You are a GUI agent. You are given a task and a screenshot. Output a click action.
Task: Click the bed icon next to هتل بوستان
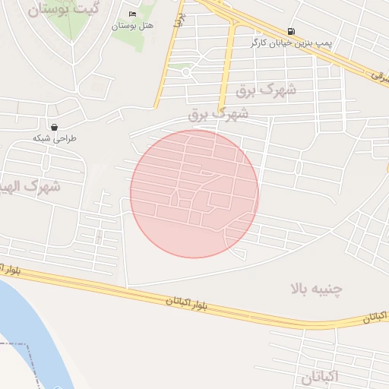(x=133, y=14)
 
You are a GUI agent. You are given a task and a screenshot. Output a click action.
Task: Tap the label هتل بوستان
(x=133, y=26)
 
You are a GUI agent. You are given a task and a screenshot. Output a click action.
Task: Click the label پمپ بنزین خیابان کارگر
(x=288, y=43)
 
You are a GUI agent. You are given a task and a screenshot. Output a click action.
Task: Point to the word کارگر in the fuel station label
(x=261, y=43)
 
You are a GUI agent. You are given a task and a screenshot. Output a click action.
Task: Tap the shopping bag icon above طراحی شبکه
(x=55, y=127)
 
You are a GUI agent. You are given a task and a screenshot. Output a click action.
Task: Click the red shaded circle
(x=194, y=194)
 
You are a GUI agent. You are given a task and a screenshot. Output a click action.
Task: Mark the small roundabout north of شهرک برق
(x=185, y=72)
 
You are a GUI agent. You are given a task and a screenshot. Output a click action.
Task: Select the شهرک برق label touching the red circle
(x=219, y=115)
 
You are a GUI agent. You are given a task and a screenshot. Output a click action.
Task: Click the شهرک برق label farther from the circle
(x=265, y=90)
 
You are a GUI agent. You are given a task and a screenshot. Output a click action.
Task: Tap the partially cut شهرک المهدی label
(x=30, y=185)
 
